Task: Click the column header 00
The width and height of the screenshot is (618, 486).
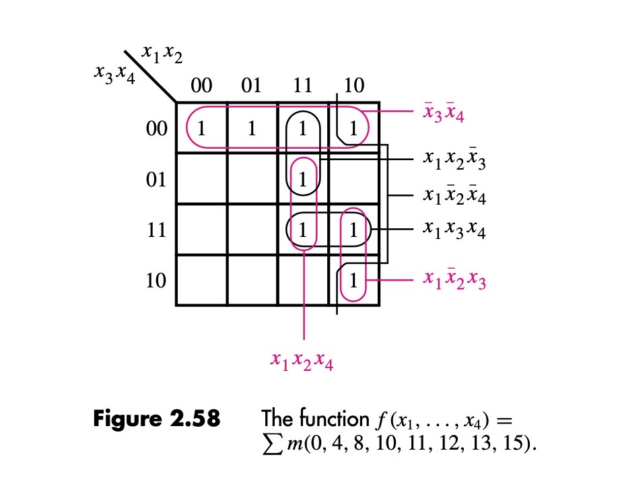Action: (201, 85)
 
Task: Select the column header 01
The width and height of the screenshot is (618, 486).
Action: (251, 85)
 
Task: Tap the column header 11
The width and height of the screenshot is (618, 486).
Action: (302, 85)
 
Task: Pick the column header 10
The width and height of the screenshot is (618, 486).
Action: (353, 85)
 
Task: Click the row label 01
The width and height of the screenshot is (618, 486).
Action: (156, 180)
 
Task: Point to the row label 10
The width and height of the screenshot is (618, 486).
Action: (156, 281)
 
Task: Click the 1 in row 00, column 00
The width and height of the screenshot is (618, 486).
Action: (201, 128)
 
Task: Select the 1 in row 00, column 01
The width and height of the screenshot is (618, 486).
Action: (252, 128)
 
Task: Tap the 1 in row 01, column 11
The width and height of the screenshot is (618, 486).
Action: (303, 179)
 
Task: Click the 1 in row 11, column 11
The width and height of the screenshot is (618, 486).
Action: (303, 230)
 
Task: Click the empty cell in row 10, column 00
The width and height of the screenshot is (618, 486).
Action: (201, 280)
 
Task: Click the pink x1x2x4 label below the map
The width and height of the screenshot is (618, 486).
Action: (302, 363)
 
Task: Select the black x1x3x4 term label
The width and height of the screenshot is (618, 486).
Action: (454, 230)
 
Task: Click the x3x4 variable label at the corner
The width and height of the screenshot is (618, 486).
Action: (115, 75)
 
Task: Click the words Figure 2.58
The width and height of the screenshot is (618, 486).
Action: (156, 420)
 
